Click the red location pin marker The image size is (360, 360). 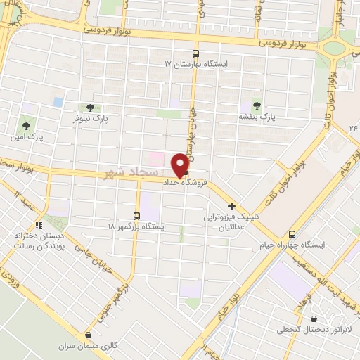click(183, 165)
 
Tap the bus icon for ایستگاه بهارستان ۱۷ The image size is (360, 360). click(196, 53)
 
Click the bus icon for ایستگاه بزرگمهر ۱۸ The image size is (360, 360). click(137, 216)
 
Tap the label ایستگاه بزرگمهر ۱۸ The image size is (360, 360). click(136, 227)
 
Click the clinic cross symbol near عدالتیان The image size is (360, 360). click(231, 207)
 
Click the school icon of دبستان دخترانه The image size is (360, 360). click(39, 225)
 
